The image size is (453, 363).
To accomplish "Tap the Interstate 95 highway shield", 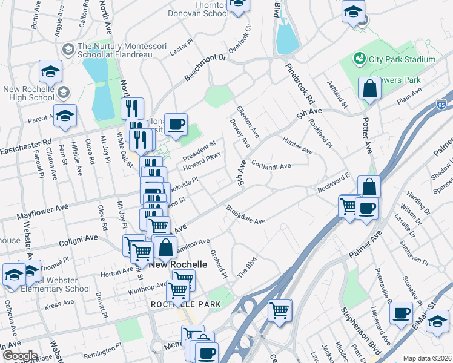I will click(x=443, y=105).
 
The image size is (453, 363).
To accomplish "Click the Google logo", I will click(x=20, y=356).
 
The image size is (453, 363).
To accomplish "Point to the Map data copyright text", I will click(x=427, y=358).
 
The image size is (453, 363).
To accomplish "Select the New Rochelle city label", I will click(x=178, y=265).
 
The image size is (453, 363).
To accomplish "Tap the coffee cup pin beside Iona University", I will click(x=176, y=124).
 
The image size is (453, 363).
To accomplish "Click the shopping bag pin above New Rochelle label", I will click(x=165, y=247).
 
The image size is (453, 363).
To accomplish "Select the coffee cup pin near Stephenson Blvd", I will click(x=402, y=314).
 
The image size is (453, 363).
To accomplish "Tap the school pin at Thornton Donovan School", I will click(x=238, y=5).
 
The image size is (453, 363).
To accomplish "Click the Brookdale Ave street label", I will click(x=246, y=217).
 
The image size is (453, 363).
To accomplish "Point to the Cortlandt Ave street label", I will click(x=271, y=165).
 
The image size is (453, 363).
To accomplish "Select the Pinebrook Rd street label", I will click(x=301, y=81).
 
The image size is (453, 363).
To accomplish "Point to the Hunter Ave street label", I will click(x=297, y=145).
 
